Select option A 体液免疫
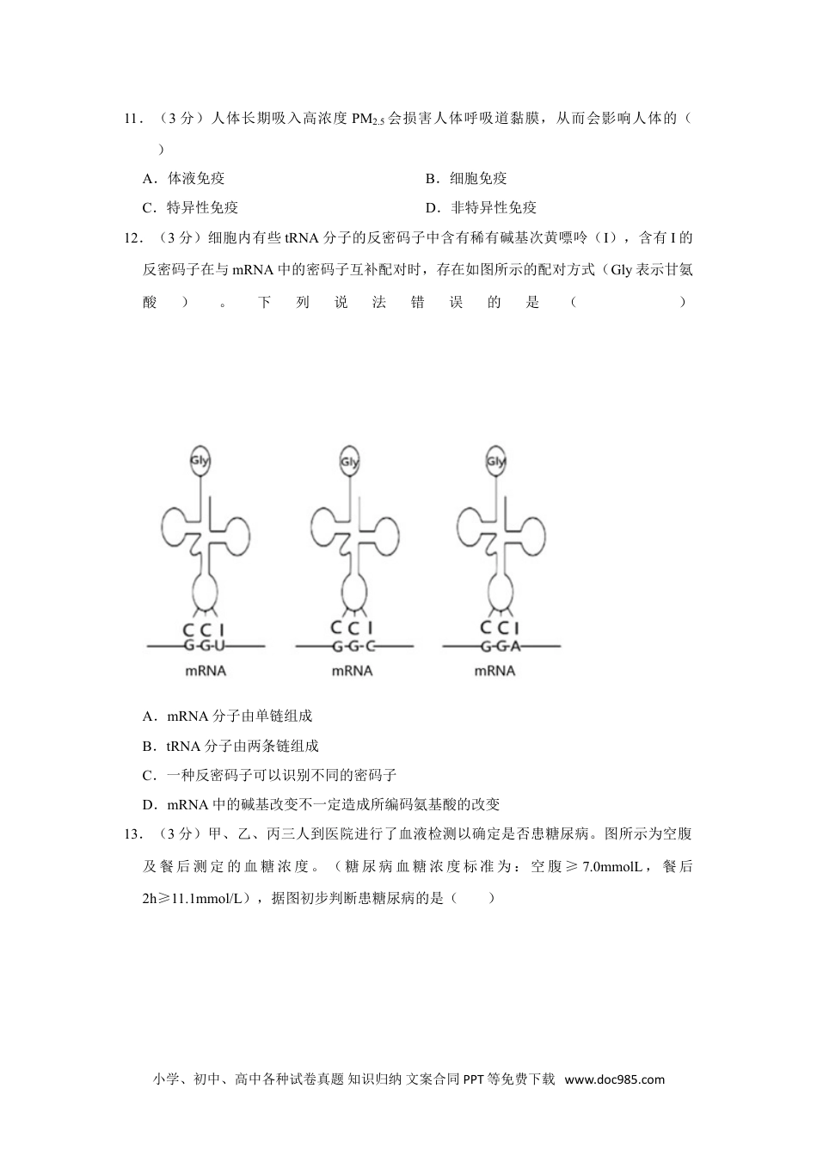click(x=184, y=179)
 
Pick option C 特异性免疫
click(x=191, y=207)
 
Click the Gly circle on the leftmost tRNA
click(x=200, y=460)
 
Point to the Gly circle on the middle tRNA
click(x=348, y=461)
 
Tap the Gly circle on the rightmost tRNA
click(x=495, y=461)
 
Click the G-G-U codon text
click(x=205, y=645)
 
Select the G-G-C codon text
click(x=352, y=645)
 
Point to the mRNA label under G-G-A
click(x=494, y=670)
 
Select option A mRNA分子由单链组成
click(x=227, y=716)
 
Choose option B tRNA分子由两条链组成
click(x=230, y=746)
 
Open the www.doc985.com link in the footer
click(x=615, y=1079)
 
